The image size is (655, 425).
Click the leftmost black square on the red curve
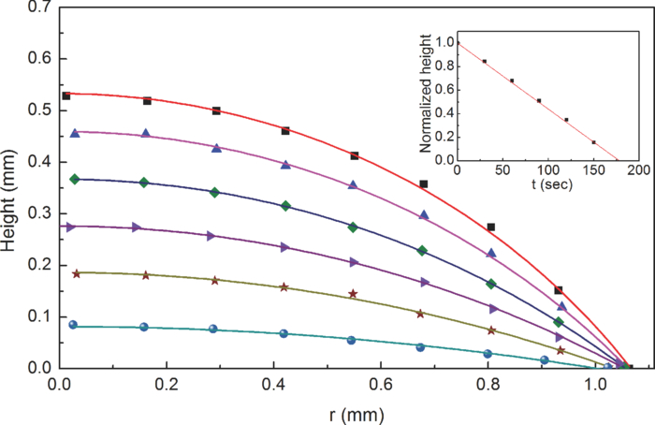pos(65,95)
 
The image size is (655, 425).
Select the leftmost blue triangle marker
pos(75,133)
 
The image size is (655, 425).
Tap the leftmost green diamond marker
pos(75,179)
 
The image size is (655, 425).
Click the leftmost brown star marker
pos(77,273)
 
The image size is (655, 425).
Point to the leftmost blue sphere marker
pos(74,325)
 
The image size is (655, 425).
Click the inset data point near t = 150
pos(593,142)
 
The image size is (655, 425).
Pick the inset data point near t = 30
pos(484,61)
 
